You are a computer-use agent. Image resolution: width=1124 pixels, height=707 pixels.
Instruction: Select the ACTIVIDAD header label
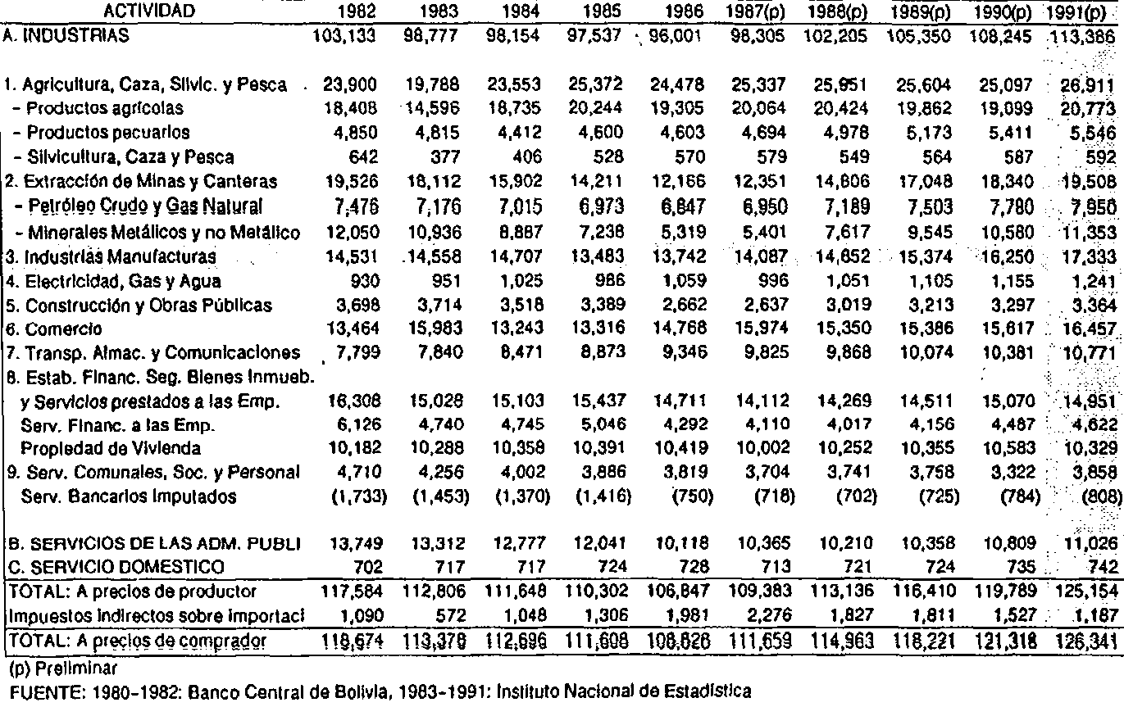tap(149, 11)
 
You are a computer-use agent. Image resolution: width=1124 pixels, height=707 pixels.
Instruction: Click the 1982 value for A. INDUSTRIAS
tap(348, 36)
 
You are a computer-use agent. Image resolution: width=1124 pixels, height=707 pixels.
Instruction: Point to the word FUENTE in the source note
tap(32, 691)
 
